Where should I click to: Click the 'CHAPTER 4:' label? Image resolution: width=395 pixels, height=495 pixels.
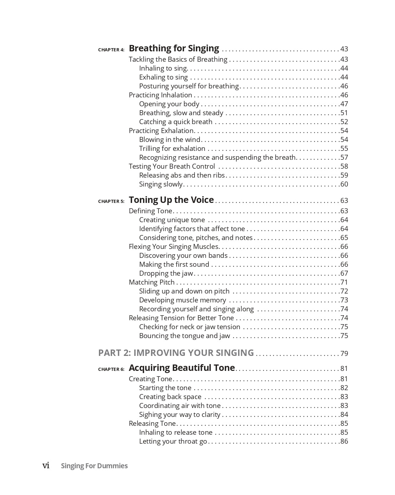click(x=111, y=50)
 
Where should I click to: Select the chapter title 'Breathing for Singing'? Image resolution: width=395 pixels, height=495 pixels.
click(x=174, y=48)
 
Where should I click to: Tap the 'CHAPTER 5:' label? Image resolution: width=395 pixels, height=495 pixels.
click(x=111, y=201)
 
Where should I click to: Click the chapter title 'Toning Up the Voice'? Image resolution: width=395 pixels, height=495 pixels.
click(x=171, y=200)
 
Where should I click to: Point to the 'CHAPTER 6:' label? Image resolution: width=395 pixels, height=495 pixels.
click(x=111, y=369)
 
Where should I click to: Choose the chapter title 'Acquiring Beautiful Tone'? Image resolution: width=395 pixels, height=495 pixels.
click(x=182, y=368)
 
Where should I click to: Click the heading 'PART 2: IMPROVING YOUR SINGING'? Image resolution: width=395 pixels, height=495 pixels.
click(x=176, y=353)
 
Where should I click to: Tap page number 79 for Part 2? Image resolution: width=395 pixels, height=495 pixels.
click(x=344, y=353)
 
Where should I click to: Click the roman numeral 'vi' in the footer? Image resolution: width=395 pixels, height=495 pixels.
click(x=46, y=465)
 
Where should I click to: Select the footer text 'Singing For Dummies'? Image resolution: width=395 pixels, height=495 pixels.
click(x=94, y=466)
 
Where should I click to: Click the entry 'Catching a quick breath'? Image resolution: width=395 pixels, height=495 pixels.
click(x=176, y=122)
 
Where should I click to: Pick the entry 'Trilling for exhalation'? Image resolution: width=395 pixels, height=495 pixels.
click(x=172, y=148)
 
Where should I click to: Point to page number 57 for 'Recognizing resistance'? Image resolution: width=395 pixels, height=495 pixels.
click(x=344, y=157)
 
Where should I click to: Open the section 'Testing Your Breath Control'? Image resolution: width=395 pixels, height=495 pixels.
click(x=172, y=166)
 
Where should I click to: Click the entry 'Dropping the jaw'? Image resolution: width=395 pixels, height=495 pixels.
click(x=166, y=273)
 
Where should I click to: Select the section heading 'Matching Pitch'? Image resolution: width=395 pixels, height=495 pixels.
click(x=152, y=282)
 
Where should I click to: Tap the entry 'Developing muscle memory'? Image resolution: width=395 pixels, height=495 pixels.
click(x=182, y=300)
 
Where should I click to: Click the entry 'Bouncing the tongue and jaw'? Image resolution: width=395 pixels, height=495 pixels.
click(x=184, y=336)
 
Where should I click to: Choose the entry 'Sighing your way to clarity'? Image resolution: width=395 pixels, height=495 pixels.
click(x=179, y=414)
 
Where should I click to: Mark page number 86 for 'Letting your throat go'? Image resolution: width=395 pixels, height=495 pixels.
click(x=344, y=441)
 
